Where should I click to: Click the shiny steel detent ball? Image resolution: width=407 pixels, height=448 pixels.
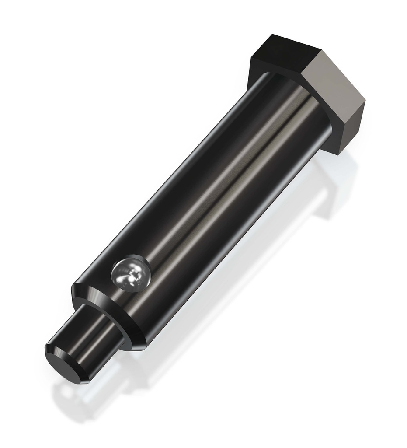pos(130,274)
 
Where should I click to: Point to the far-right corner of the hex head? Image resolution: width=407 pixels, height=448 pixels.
pos(365,100)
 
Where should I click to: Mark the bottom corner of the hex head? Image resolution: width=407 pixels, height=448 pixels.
pos(339,154)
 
